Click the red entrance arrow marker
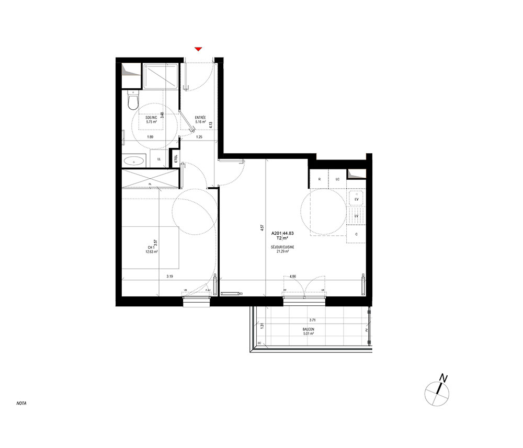[x=198, y=49]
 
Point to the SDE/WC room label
[x=151, y=118]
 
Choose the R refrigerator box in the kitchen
[x=319, y=179]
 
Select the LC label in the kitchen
[x=337, y=179]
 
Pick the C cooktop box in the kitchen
[x=356, y=234]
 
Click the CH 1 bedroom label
[x=151, y=248]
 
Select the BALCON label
[x=308, y=329]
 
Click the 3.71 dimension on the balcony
[x=312, y=320]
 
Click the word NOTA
[x=21, y=404]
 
